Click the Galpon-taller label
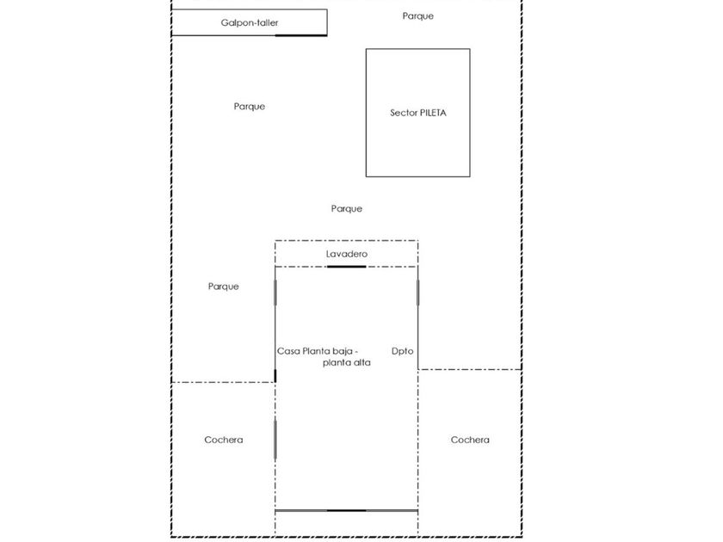(x=249, y=22)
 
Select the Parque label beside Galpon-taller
(x=418, y=16)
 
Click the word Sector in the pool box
(x=404, y=113)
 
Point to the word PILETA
(x=434, y=113)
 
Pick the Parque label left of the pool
(x=250, y=107)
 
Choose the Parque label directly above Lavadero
(x=347, y=209)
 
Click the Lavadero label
(x=347, y=255)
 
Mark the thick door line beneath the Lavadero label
(x=347, y=267)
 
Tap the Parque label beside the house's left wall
(x=224, y=286)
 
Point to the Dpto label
(x=403, y=351)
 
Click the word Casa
(x=288, y=351)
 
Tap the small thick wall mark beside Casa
(x=275, y=375)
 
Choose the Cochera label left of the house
(x=224, y=440)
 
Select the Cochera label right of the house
(x=470, y=440)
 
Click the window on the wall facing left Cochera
(x=275, y=440)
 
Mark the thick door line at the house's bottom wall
(x=347, y=510)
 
